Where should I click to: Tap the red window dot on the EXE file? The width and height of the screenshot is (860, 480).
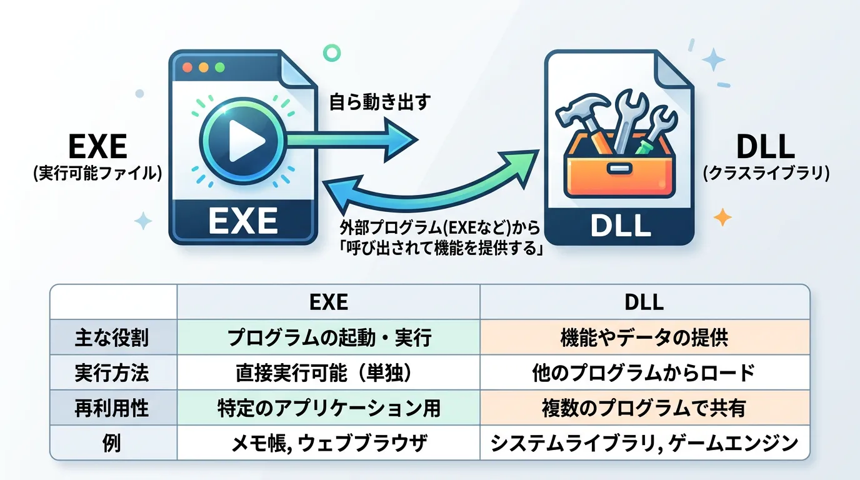(187, 67)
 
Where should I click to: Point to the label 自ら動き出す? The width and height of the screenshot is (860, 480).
(380, 101)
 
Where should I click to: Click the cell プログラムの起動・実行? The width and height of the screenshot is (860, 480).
(329, 337)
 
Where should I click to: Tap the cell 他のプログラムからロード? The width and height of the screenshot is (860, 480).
(644, 373)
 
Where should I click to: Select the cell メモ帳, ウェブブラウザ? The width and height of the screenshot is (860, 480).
(329, 444)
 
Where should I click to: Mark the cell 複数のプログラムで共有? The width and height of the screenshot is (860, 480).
(644, 409)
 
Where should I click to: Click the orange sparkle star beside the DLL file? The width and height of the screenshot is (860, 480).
(722, 217)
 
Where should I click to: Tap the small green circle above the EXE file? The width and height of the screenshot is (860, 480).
(327, 52)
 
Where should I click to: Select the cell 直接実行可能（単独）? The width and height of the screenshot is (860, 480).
(329, 373)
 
